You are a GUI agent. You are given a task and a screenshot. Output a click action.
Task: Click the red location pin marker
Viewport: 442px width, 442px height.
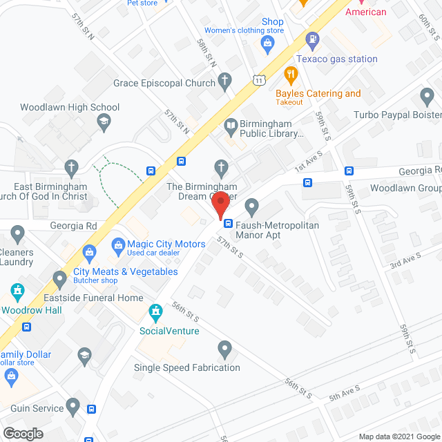click(x=220, y=206)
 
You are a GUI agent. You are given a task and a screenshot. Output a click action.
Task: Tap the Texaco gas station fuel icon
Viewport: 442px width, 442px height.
click(x=313, y=40)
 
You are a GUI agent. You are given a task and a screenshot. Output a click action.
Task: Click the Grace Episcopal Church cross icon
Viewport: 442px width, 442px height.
click(x=223, y=81)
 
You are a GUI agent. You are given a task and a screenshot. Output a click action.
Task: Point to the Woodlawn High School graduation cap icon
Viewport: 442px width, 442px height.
click(x=104, y=122)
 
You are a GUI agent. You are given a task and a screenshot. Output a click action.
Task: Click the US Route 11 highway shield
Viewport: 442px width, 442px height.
click(x=258, y=81)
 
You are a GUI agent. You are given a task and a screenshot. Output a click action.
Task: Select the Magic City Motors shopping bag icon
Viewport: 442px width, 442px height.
click(x=117, y=244)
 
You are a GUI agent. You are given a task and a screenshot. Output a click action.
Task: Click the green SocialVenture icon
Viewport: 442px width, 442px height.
click(x=157, y=313)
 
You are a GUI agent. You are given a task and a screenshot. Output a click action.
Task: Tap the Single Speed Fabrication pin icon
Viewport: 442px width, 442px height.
click(x=224, y=349)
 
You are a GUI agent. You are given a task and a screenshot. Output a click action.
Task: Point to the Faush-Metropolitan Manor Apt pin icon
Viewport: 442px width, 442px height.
click(x=251, y=206)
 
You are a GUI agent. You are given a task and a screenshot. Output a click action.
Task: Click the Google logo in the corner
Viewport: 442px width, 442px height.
click(x=22, y=433)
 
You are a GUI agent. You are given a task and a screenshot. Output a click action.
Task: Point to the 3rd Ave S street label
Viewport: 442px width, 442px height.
click(x=405, y=260)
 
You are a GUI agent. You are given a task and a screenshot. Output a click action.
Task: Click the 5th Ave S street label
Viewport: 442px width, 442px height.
click(x=345, y=393)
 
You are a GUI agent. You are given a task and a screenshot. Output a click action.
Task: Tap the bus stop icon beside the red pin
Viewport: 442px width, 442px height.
click(x=227, y=222)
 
